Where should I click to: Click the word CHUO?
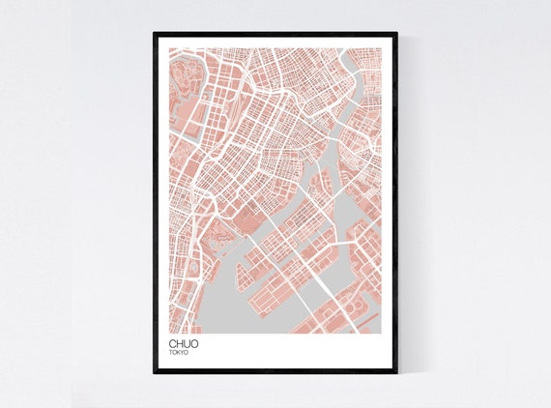pyautogui.click(x=183, y=342)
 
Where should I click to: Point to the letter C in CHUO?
pyautogui.click(x=172, y=342)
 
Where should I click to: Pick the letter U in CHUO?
pyautogui.click(x=187, y=342)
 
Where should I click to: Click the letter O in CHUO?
pyautogui.click(x=194, y=342)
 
